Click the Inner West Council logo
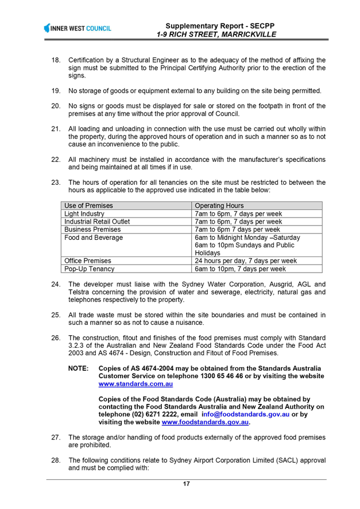point(78,28)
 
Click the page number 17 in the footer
point(186,484)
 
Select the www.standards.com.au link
point(136,384)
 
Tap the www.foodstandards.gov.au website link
point(205,422)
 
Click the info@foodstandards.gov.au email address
point(246,414)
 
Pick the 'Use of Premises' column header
point(88,205)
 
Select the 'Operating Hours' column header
point(219,205)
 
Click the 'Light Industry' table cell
point(84,213)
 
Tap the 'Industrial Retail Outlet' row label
point(97,222)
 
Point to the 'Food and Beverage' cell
point(94,238)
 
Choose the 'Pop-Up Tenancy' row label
point(90,269)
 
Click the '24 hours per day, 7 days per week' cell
point(246,261)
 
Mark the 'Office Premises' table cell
point(87,261)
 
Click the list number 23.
point(56,182)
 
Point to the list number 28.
point(56,460)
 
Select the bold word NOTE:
point(78,368)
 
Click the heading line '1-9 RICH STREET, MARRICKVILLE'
point(216,34)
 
